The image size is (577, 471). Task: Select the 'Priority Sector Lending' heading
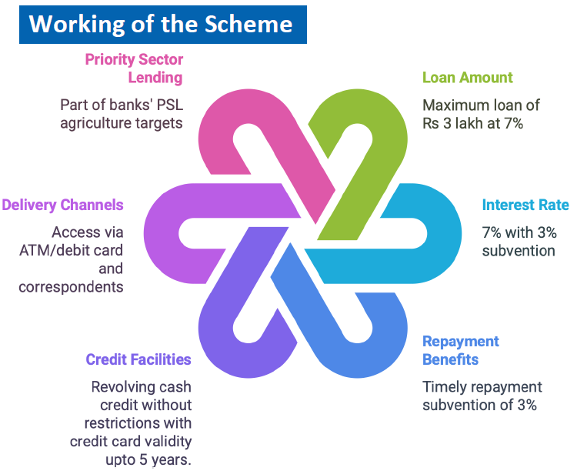[134, 68]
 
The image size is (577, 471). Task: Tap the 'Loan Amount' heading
[467, 78]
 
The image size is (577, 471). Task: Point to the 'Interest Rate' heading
[525, 205]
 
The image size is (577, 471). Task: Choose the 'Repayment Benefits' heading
[461, 350]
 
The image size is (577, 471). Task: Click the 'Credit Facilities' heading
[138, 359]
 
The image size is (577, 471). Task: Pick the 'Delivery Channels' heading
[62, 205]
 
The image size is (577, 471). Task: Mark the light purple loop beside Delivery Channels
[165, 231]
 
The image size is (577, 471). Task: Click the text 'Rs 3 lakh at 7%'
[472, 122]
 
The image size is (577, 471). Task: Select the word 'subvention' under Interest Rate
[519, 250]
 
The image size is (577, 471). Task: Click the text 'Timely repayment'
[482, 386]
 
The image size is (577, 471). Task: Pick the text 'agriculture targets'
[122, 122]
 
